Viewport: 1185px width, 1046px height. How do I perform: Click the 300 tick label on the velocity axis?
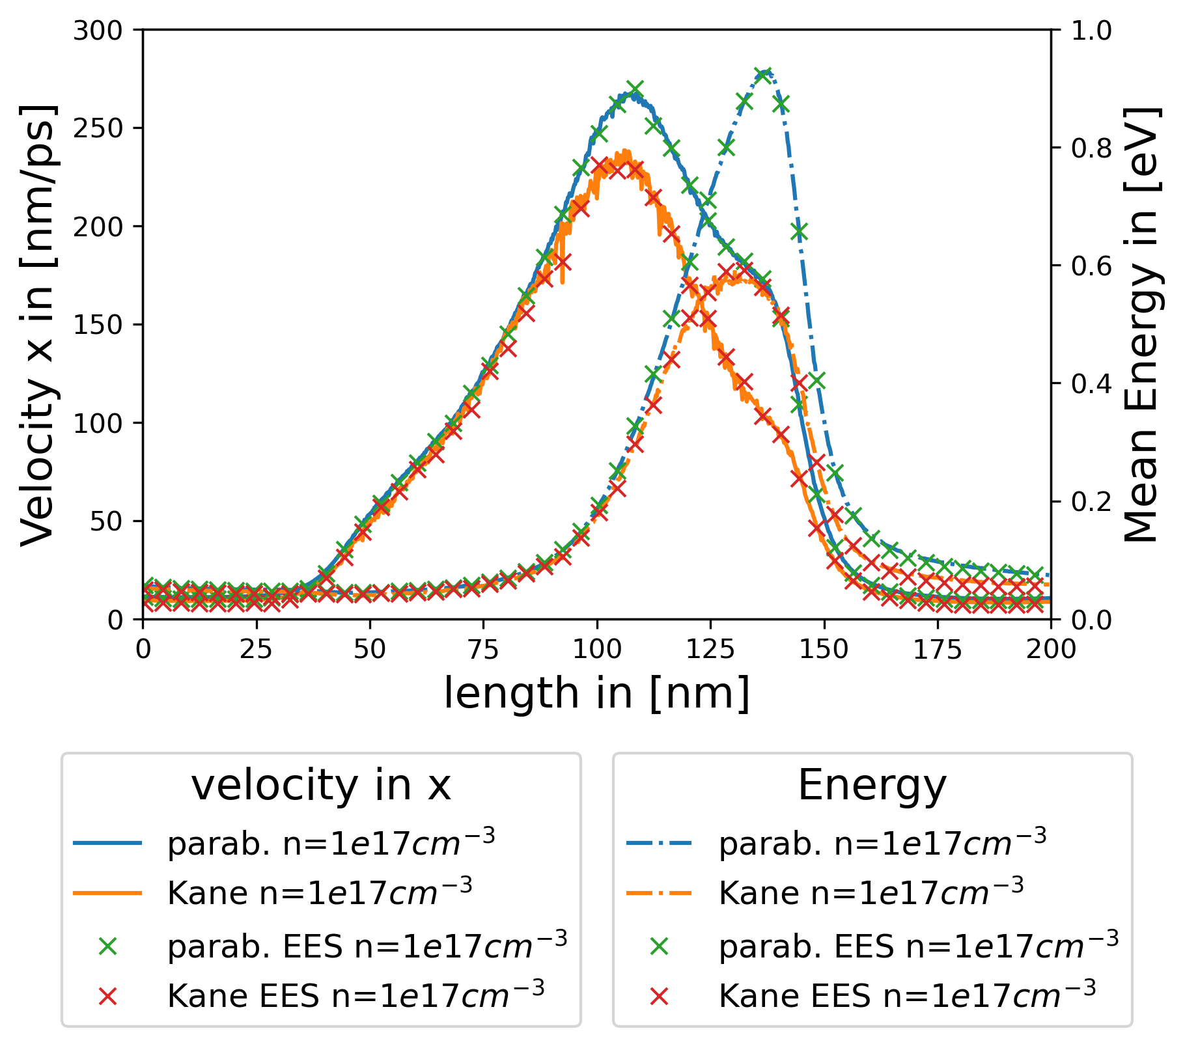(x=98, y=31)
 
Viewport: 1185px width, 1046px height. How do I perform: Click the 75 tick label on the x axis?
(x=482, y=649)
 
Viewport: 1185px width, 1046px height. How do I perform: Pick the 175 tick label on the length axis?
(x=937, y=649)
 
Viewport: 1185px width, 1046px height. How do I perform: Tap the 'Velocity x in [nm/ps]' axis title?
(x=37, y=325)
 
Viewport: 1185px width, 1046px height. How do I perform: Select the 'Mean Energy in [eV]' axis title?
(x=1143, y=325)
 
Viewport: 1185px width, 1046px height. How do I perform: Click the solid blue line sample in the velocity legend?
(x=107, y=844)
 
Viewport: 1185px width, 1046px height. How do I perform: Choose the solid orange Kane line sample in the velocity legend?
(x=107, y=893)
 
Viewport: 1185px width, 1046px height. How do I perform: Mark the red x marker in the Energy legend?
(x=659, y=995)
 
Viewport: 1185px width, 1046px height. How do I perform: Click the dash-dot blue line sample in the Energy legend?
(x=659, y=844)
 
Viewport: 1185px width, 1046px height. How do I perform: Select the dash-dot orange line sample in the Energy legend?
(x=659, y=893)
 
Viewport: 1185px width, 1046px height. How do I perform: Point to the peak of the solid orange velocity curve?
(x=626, y=153)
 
